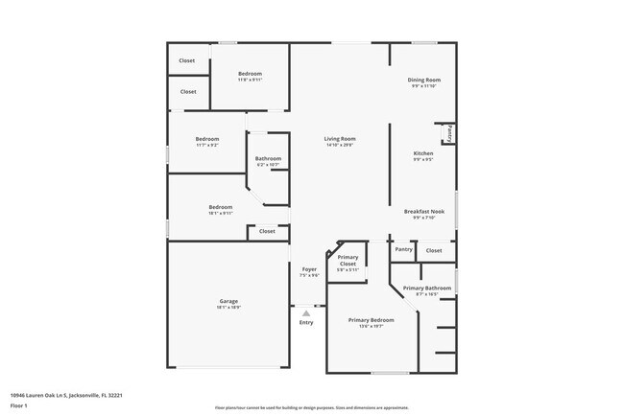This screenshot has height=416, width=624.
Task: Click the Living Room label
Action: click(340, 139)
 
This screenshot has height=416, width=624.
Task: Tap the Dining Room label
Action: click(423, 80)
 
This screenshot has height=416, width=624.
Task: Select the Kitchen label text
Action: click(423, 153)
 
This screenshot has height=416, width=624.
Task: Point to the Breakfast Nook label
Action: click(423, 211)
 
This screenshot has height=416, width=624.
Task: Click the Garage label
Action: click(228, 301)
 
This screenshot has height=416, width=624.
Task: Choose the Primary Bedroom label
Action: click(371, 320)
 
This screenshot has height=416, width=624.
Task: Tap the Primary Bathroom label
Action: click(427, 288)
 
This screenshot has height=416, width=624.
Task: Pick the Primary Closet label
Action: click(348, 260)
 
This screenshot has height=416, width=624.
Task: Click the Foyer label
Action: click(309, 269)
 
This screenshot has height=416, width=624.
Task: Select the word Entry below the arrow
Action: click(306, 322)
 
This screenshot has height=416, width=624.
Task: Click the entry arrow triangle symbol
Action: click(306, 312)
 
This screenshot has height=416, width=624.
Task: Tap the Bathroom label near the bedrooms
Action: click(268, 158)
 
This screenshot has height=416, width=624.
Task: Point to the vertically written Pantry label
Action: click(448, 132)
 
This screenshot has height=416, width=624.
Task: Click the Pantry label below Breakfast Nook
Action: click(404, 249)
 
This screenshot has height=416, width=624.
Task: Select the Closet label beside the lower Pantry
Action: click(434, 250)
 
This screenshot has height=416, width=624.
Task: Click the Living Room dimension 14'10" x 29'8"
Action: click(340, 146)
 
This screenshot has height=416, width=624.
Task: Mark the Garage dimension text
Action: click(228, 308)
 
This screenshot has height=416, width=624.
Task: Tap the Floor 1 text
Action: click(19, 405)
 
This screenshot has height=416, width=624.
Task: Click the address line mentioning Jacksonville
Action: click(65, 394)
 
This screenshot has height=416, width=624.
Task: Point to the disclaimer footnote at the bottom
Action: click(311, 407)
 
